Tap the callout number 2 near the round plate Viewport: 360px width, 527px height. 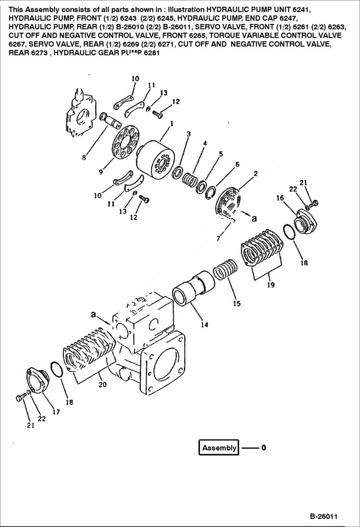coord(255,173)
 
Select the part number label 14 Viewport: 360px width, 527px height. coord(204,325)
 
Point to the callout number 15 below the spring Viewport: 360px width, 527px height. coord(236,304)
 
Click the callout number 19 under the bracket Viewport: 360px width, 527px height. coord(271,285)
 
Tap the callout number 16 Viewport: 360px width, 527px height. coord(279,197)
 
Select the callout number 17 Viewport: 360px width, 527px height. coord(56,412)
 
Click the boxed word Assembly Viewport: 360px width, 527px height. coord(219,448)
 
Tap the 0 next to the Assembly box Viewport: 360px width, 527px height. coord(263,448)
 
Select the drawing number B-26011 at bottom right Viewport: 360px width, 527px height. coord(323,517)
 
